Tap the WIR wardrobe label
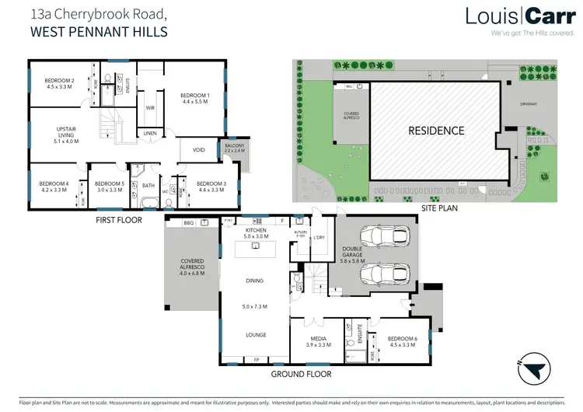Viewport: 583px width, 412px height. [x=151, y=108]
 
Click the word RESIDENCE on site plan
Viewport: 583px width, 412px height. [x=436, y=131]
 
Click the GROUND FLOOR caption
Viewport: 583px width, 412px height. [x=302, y=374]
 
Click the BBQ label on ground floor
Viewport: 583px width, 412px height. [x=188, y=223]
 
